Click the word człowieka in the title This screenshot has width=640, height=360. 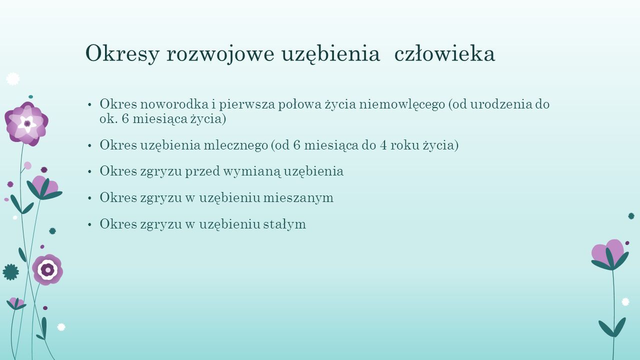pos(444,53)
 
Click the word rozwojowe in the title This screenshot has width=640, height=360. pos(220,53)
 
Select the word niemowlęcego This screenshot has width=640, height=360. pos(402,105)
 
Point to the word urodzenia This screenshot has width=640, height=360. pos(501,104)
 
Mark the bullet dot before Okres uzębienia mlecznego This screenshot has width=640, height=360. pos(89,145)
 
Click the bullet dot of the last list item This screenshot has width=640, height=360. pos(89,224)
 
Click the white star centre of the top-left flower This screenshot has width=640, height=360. pos(27,123)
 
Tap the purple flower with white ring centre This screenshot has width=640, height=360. pos(47,269)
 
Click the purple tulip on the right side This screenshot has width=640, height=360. pos(609,254)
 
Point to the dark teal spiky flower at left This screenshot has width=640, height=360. pos(11,272)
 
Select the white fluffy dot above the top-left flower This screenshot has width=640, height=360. pos(13,79)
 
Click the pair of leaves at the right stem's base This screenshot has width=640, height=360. pos(612,327)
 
